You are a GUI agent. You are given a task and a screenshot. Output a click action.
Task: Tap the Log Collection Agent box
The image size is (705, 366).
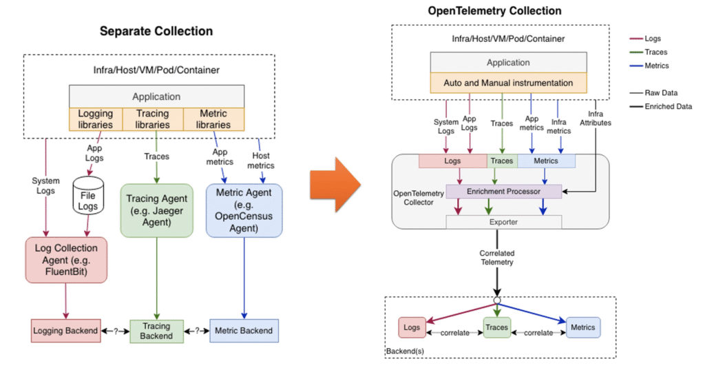point(66,260)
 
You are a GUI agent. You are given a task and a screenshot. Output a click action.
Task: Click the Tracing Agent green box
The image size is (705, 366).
point(156,210)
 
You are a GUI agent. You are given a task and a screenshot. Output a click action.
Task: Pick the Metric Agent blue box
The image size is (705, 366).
point(244,210)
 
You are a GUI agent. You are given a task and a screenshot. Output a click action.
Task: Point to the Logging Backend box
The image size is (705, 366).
point(65,331)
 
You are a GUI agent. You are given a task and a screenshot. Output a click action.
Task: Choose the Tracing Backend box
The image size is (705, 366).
point(156,331)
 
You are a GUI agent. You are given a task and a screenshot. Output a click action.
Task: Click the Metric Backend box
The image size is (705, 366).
point(244,331)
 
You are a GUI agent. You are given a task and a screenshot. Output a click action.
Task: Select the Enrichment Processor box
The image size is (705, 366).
point(504,190)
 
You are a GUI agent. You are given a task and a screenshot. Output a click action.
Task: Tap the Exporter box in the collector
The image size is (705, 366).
point(504,221)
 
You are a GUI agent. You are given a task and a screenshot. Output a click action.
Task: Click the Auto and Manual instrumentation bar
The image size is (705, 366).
point(508,83)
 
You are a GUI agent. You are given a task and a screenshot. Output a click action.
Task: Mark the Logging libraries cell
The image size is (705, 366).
point(96,119)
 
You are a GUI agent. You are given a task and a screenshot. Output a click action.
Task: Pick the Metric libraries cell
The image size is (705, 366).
point(213,119)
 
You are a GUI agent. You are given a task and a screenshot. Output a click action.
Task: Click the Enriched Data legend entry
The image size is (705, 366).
point(669,107)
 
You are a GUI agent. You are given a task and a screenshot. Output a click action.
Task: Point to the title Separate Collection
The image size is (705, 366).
point(156,31)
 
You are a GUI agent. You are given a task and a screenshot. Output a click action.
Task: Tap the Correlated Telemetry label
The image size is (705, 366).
point(497,257)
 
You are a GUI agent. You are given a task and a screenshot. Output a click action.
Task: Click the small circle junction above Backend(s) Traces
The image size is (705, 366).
point(496,301)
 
